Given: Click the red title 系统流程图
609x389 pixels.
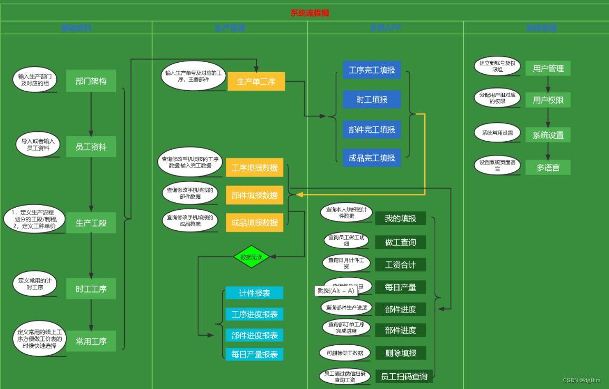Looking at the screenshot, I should click(310, 13).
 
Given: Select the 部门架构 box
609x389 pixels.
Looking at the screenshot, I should click(91, 81).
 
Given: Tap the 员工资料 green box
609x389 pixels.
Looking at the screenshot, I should click(91, 147).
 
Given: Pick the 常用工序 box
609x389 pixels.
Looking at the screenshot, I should click(91, 341).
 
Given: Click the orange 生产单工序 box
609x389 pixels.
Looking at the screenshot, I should click(256, 82).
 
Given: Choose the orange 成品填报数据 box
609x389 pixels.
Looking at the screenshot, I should click(255, 222).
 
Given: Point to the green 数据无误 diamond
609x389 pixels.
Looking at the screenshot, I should click(251, 257).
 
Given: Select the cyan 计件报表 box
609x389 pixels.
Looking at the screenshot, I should click(255, 293).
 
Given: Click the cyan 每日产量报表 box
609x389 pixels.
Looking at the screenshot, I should click(255, 354).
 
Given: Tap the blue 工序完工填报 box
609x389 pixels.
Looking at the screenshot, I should click(372, 70).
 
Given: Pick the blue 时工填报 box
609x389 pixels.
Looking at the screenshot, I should click(372, 100).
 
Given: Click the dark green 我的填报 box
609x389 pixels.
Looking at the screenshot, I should click(401, 218).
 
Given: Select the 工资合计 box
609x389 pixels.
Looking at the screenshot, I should click(401, 265).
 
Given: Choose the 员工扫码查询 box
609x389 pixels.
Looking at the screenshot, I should click(404, 376).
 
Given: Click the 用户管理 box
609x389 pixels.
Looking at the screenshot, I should click(548, 69).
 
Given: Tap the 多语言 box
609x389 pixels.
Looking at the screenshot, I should click(548, 168).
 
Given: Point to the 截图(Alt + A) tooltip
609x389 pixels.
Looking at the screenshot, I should click(336, 291).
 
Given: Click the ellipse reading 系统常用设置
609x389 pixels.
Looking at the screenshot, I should click(497, 133).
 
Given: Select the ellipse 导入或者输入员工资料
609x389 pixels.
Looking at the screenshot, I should click(38, 145).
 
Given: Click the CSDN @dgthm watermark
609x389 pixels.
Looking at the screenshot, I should click(582, 380).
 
